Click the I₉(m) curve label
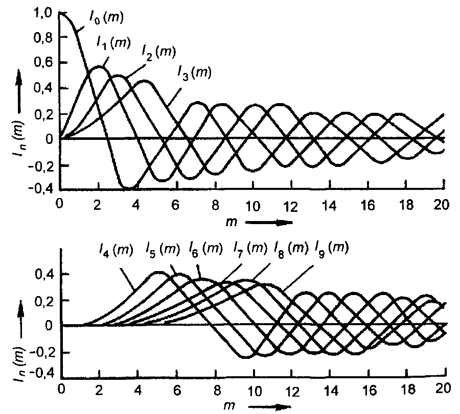331,250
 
